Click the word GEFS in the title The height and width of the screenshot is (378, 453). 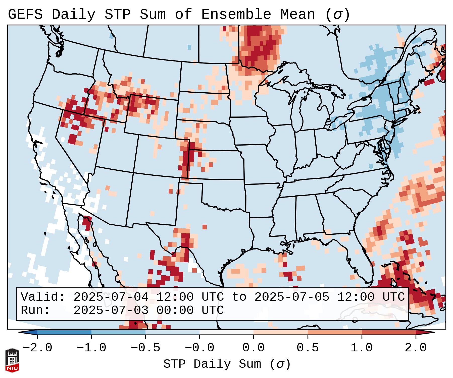pos(25,15)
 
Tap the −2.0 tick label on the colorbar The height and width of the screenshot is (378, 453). pos(37,348)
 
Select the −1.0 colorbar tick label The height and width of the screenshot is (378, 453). pos(91,348)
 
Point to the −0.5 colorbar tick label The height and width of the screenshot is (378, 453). pos(145,348)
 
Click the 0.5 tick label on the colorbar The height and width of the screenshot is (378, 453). pos(308,348)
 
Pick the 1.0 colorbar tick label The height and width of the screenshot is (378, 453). pos(362,348)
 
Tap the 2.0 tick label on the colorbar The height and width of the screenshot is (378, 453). pos(416,348)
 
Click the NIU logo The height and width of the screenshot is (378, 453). pos(12,360)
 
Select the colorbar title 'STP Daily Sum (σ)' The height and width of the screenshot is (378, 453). pos(227,364)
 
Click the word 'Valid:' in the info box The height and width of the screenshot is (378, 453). pos(43,297)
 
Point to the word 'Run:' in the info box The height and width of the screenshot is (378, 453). pos(35,310)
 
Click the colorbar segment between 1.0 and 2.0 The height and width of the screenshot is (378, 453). pos(389,332)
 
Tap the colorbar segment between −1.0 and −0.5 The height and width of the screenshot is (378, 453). pos(118,332)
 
